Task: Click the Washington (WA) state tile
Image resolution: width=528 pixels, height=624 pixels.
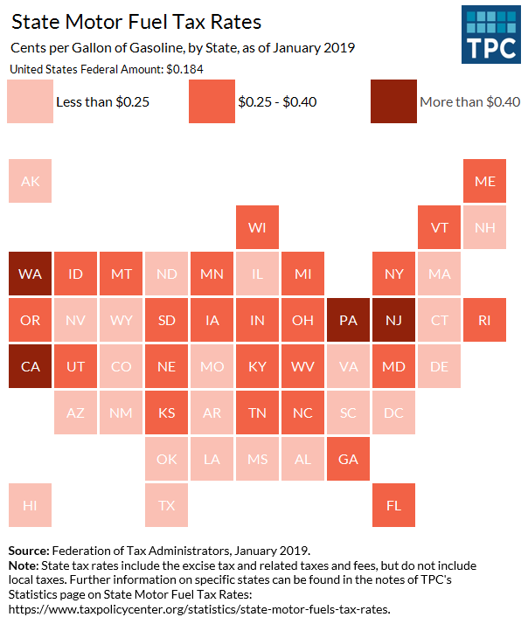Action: pos(30,274)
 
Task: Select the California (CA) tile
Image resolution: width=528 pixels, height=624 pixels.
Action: pos(30,365)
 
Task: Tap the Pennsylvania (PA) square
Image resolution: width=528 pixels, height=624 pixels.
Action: pos(348,320)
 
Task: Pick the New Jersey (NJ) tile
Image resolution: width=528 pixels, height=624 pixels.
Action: pos(393,320)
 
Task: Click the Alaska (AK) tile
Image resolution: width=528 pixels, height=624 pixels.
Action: pos(30,182)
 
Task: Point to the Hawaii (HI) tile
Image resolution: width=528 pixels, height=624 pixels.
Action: pos(30,505)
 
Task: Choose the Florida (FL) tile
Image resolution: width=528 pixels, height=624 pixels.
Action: pos(393,505)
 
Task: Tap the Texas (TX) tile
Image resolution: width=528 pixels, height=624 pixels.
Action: pos(166,505)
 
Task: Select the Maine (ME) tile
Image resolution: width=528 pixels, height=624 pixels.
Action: pos(484,182)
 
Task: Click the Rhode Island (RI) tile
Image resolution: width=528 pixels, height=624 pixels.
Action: pos(484,320)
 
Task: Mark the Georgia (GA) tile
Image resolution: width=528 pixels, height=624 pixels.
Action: pos(348,459)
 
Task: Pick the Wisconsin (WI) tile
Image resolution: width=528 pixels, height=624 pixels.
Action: pos(257,228)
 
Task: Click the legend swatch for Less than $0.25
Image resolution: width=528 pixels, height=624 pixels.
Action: pos(29,101)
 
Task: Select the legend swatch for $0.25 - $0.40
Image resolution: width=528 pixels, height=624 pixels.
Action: pos(211,101)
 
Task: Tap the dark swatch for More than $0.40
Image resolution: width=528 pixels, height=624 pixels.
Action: pos(393,101)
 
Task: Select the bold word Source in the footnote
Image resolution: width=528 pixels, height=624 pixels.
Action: pos(28,551)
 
